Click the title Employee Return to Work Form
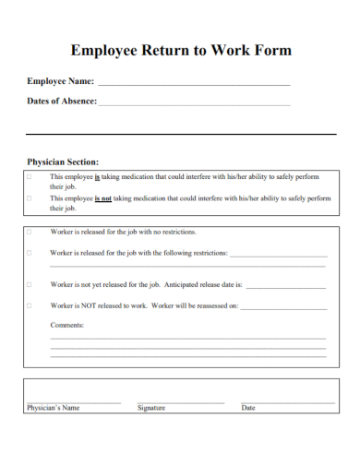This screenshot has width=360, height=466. [181, 50]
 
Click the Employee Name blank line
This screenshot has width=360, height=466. [194, 84]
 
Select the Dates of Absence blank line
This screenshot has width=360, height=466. [194, 103]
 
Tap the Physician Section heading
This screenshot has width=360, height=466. [63, 161]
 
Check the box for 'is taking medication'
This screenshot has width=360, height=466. [29, 176]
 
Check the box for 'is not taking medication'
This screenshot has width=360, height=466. [29, 197]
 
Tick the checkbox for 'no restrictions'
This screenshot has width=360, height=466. [29, 232]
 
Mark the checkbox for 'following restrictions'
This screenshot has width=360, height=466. [29, 252]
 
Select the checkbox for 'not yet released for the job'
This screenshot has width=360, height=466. [29, 284]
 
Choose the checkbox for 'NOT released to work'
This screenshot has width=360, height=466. [29, 305]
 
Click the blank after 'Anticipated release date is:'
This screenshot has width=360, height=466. [286, 287]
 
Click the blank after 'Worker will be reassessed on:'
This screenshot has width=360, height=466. [283, 307]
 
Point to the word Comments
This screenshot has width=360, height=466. [66, 325]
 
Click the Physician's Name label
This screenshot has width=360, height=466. [54, 407]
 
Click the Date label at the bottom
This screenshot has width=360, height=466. [248, 407]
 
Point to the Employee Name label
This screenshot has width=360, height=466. [61, 82]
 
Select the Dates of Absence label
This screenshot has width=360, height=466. [62, 102]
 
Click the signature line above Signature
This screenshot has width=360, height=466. [180, 401]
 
